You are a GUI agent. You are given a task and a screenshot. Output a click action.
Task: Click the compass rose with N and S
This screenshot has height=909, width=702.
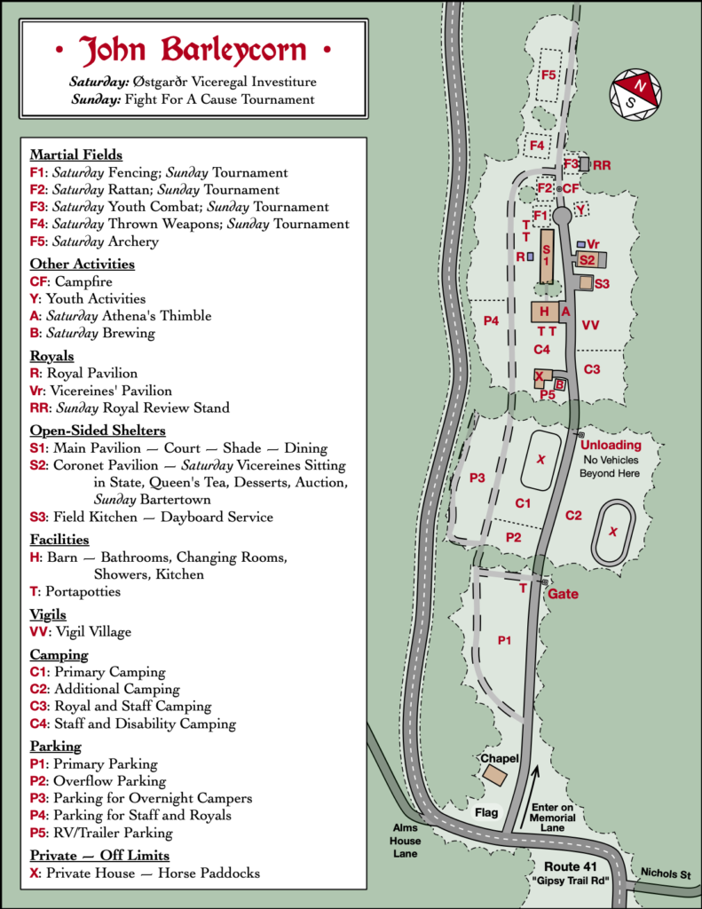click(635, 94)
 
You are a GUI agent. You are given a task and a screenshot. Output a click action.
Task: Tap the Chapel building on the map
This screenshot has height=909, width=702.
click(495, 775)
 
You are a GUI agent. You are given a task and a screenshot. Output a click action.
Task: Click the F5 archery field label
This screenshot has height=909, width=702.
click(548, 75)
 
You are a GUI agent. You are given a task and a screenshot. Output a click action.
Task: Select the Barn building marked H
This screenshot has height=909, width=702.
click(545, 312)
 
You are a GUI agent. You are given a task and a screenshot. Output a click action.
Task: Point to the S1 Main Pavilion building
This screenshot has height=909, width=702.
click(547, 256)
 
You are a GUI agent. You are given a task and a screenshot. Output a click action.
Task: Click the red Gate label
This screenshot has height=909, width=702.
click(563, 594)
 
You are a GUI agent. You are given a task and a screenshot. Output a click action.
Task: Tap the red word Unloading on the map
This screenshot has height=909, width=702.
click(611, 446)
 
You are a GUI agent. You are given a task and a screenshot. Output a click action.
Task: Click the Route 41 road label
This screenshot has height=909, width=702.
click(571, 866)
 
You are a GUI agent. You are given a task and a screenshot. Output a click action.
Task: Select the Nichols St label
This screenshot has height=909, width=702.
click(666, 873)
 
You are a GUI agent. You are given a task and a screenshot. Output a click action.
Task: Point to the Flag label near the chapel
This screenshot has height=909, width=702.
click(486, 813)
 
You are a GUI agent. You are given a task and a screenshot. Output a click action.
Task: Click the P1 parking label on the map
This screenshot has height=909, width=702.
click(504, 641)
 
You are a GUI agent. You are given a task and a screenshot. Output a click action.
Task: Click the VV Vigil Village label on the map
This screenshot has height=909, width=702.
click(590, 325)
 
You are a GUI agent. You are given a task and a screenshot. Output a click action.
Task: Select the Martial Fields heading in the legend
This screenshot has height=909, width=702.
click(76, 154)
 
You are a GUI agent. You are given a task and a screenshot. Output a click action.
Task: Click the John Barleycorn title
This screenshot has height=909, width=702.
click(193, 50)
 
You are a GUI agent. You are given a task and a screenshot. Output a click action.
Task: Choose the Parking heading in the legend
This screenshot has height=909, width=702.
click(56, 746)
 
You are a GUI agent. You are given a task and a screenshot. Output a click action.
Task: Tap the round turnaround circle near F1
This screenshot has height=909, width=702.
click(562, 216)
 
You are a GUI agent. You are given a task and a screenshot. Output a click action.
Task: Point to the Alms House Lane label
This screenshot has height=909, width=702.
click(406, 841)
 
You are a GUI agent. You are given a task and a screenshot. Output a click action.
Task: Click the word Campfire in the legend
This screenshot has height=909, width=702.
click(83, 281)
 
